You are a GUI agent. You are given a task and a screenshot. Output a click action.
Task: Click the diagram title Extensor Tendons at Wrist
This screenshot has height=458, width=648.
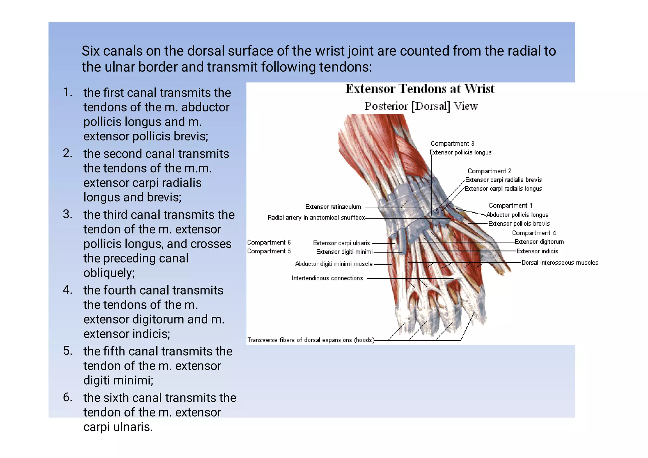tap(420, 89)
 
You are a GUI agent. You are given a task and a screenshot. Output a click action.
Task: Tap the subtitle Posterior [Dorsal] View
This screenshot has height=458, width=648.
tap(421, 106)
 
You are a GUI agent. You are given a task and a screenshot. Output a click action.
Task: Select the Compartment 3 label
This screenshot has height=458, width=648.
tap(452, 144)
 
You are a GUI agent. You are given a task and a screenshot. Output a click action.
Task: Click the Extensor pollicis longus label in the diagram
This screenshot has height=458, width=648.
tap(460, 152)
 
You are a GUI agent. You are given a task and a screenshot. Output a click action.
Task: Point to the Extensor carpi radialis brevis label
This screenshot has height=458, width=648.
tap(503, 180)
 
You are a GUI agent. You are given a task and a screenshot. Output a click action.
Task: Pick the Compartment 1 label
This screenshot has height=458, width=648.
tap(510, 205)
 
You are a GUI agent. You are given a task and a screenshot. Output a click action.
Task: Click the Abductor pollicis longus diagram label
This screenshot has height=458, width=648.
tap(517, 215)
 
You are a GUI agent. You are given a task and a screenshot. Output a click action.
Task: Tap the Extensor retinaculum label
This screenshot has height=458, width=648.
tap(333, 207)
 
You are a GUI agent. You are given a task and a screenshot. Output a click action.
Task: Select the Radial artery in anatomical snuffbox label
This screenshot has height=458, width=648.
tap(316, 217)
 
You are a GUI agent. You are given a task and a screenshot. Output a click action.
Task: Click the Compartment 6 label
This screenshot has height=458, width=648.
tap(269, 242)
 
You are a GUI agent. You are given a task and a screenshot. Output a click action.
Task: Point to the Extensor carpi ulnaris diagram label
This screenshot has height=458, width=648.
tap(341, 243)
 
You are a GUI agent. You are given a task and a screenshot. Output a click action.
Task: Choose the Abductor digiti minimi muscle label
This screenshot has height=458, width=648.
tap(333, 264)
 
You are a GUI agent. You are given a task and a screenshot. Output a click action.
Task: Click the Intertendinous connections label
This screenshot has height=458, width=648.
tap(327, 278)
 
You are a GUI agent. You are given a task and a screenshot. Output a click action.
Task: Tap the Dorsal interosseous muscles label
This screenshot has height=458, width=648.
tap(560, 263)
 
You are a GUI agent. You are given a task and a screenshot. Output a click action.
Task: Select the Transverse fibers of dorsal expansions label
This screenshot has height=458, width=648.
tap(310, 340)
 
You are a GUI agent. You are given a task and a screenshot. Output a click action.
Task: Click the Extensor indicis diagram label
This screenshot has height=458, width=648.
tap(537, 251)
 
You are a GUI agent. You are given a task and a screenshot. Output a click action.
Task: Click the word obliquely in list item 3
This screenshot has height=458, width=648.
tap(109, 272)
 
